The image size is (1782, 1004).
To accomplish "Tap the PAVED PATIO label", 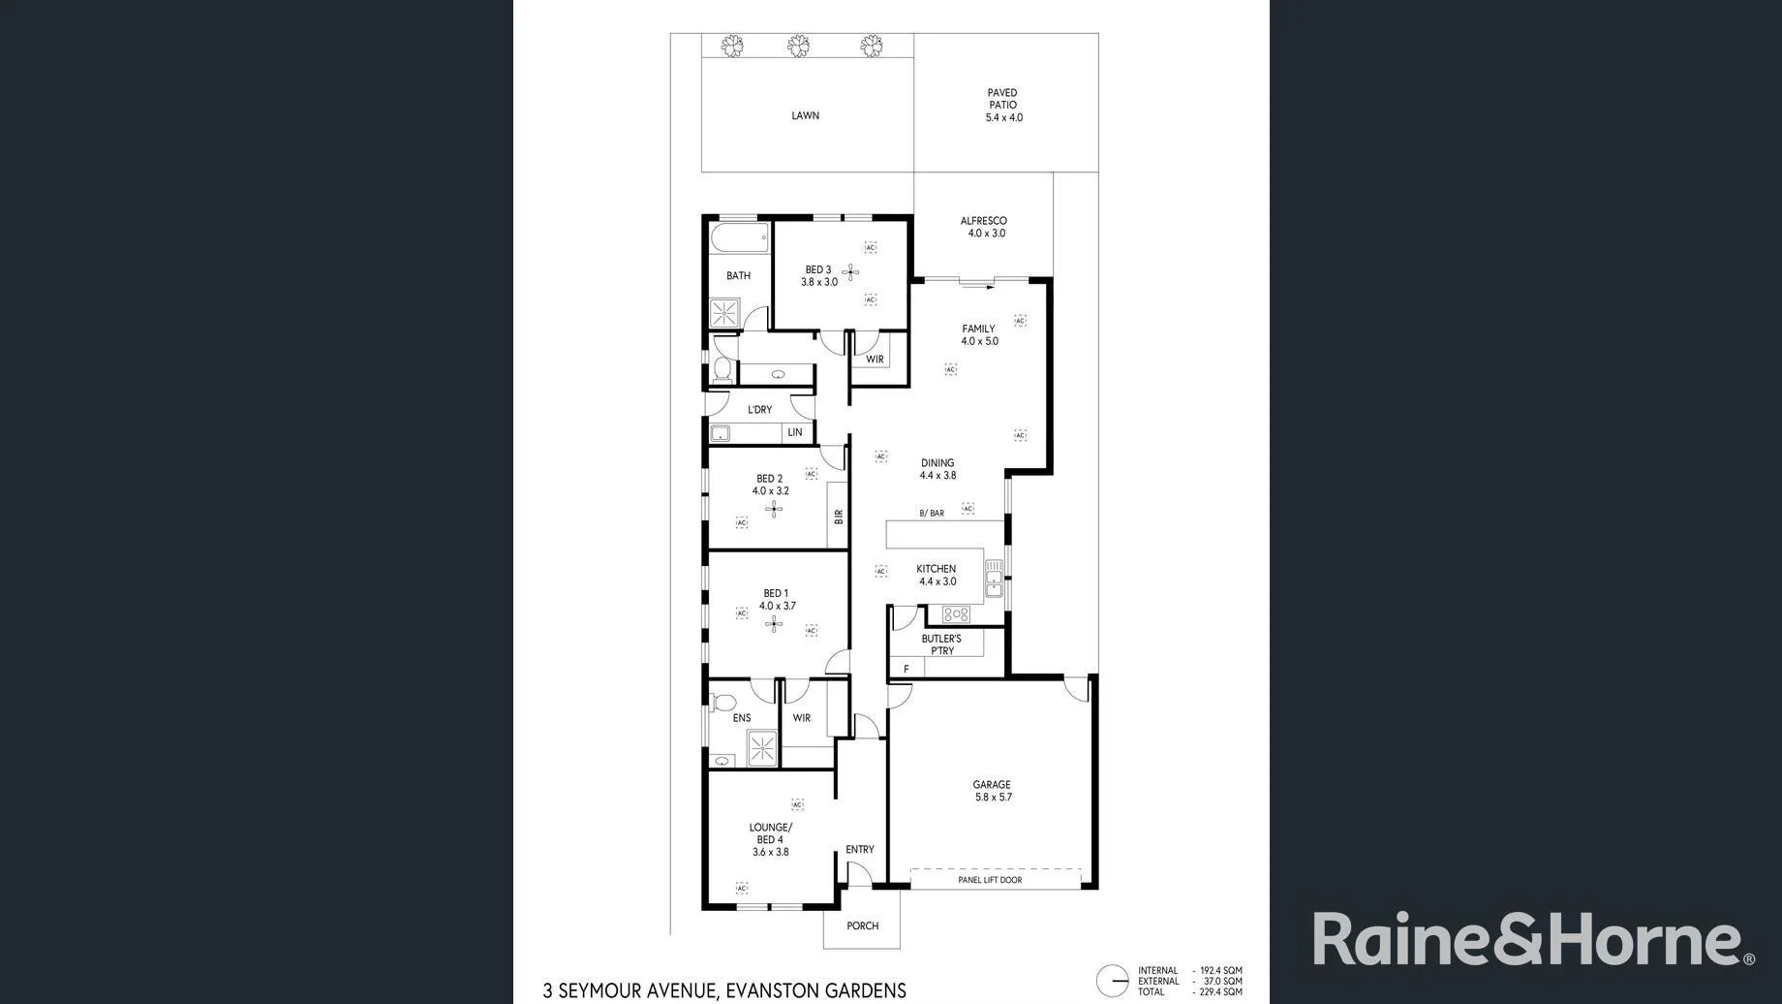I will pos(1003,105).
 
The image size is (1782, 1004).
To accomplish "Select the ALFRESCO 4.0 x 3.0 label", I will pos(984,227).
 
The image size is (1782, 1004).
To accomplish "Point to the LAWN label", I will pos(805,115).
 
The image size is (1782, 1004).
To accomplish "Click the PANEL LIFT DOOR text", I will pos(990,880).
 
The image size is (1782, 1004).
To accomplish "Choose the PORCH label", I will pos(862,926).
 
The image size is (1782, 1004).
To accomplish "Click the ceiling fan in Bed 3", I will pos(851,272).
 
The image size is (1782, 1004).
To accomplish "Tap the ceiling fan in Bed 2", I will pos(773,509).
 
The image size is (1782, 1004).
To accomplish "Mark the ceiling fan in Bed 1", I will pos(773,624).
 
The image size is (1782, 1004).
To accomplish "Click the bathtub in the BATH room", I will pos(739,237).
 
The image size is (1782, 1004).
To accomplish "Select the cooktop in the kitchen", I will pos(956,614).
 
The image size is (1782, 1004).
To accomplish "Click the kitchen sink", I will pos(994,579).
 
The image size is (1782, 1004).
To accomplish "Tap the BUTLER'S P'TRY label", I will pos(941,644).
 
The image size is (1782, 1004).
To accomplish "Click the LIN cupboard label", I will pos(795,432).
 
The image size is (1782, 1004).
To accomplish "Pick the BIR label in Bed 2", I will pos(838,517).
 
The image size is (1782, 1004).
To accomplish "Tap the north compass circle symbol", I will pos(1113,981).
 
